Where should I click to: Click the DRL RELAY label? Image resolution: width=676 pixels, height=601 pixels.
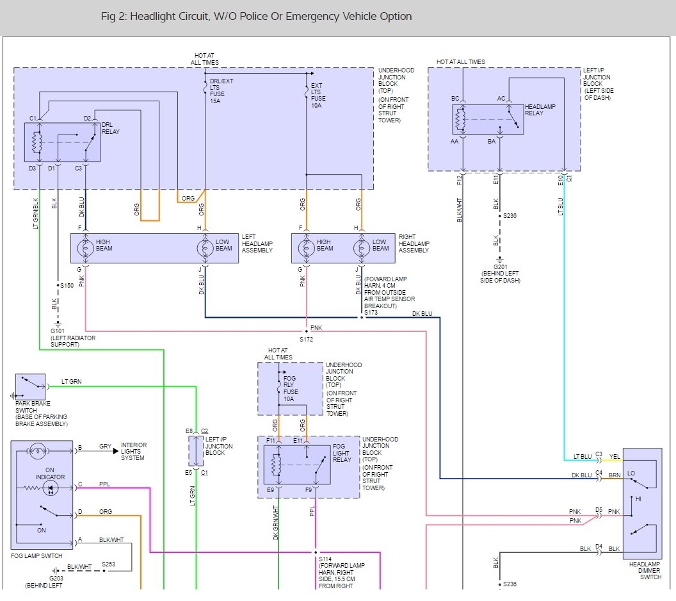coord(110,128)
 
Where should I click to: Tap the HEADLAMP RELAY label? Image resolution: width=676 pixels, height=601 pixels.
coord(540,110)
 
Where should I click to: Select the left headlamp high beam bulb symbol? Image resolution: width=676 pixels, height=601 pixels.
coord(85,248)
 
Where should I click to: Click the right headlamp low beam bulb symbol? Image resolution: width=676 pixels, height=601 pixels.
coord(361,248)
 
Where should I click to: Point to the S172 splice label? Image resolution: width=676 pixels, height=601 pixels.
coord(306,339)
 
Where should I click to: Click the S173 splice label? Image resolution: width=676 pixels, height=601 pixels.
coord(371,313)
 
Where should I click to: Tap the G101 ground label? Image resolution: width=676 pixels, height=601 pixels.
coord(58,331)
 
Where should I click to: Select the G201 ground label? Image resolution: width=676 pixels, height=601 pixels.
coord(500,267)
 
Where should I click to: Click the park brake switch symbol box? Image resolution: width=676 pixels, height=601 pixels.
coord(30,386)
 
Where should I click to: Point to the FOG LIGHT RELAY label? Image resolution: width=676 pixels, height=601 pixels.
coord(342,453)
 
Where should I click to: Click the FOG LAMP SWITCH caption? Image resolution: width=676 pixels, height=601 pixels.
coord(36,556)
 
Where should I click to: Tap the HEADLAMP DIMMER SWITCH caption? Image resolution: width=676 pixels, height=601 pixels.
coord(645,570)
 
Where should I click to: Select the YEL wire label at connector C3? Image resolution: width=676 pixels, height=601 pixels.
coord(615,456)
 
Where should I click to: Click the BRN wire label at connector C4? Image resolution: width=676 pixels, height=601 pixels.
coord(615,475)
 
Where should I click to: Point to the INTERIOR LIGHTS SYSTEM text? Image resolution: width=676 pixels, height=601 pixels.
coord(134,451)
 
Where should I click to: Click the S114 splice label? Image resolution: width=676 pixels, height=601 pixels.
coord(325,559)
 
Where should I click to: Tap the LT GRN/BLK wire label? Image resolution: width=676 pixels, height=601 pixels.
coord(36,213)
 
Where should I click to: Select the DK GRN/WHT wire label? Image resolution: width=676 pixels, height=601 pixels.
coord(275,522)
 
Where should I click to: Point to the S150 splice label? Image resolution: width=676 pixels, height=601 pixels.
coord(67,285)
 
